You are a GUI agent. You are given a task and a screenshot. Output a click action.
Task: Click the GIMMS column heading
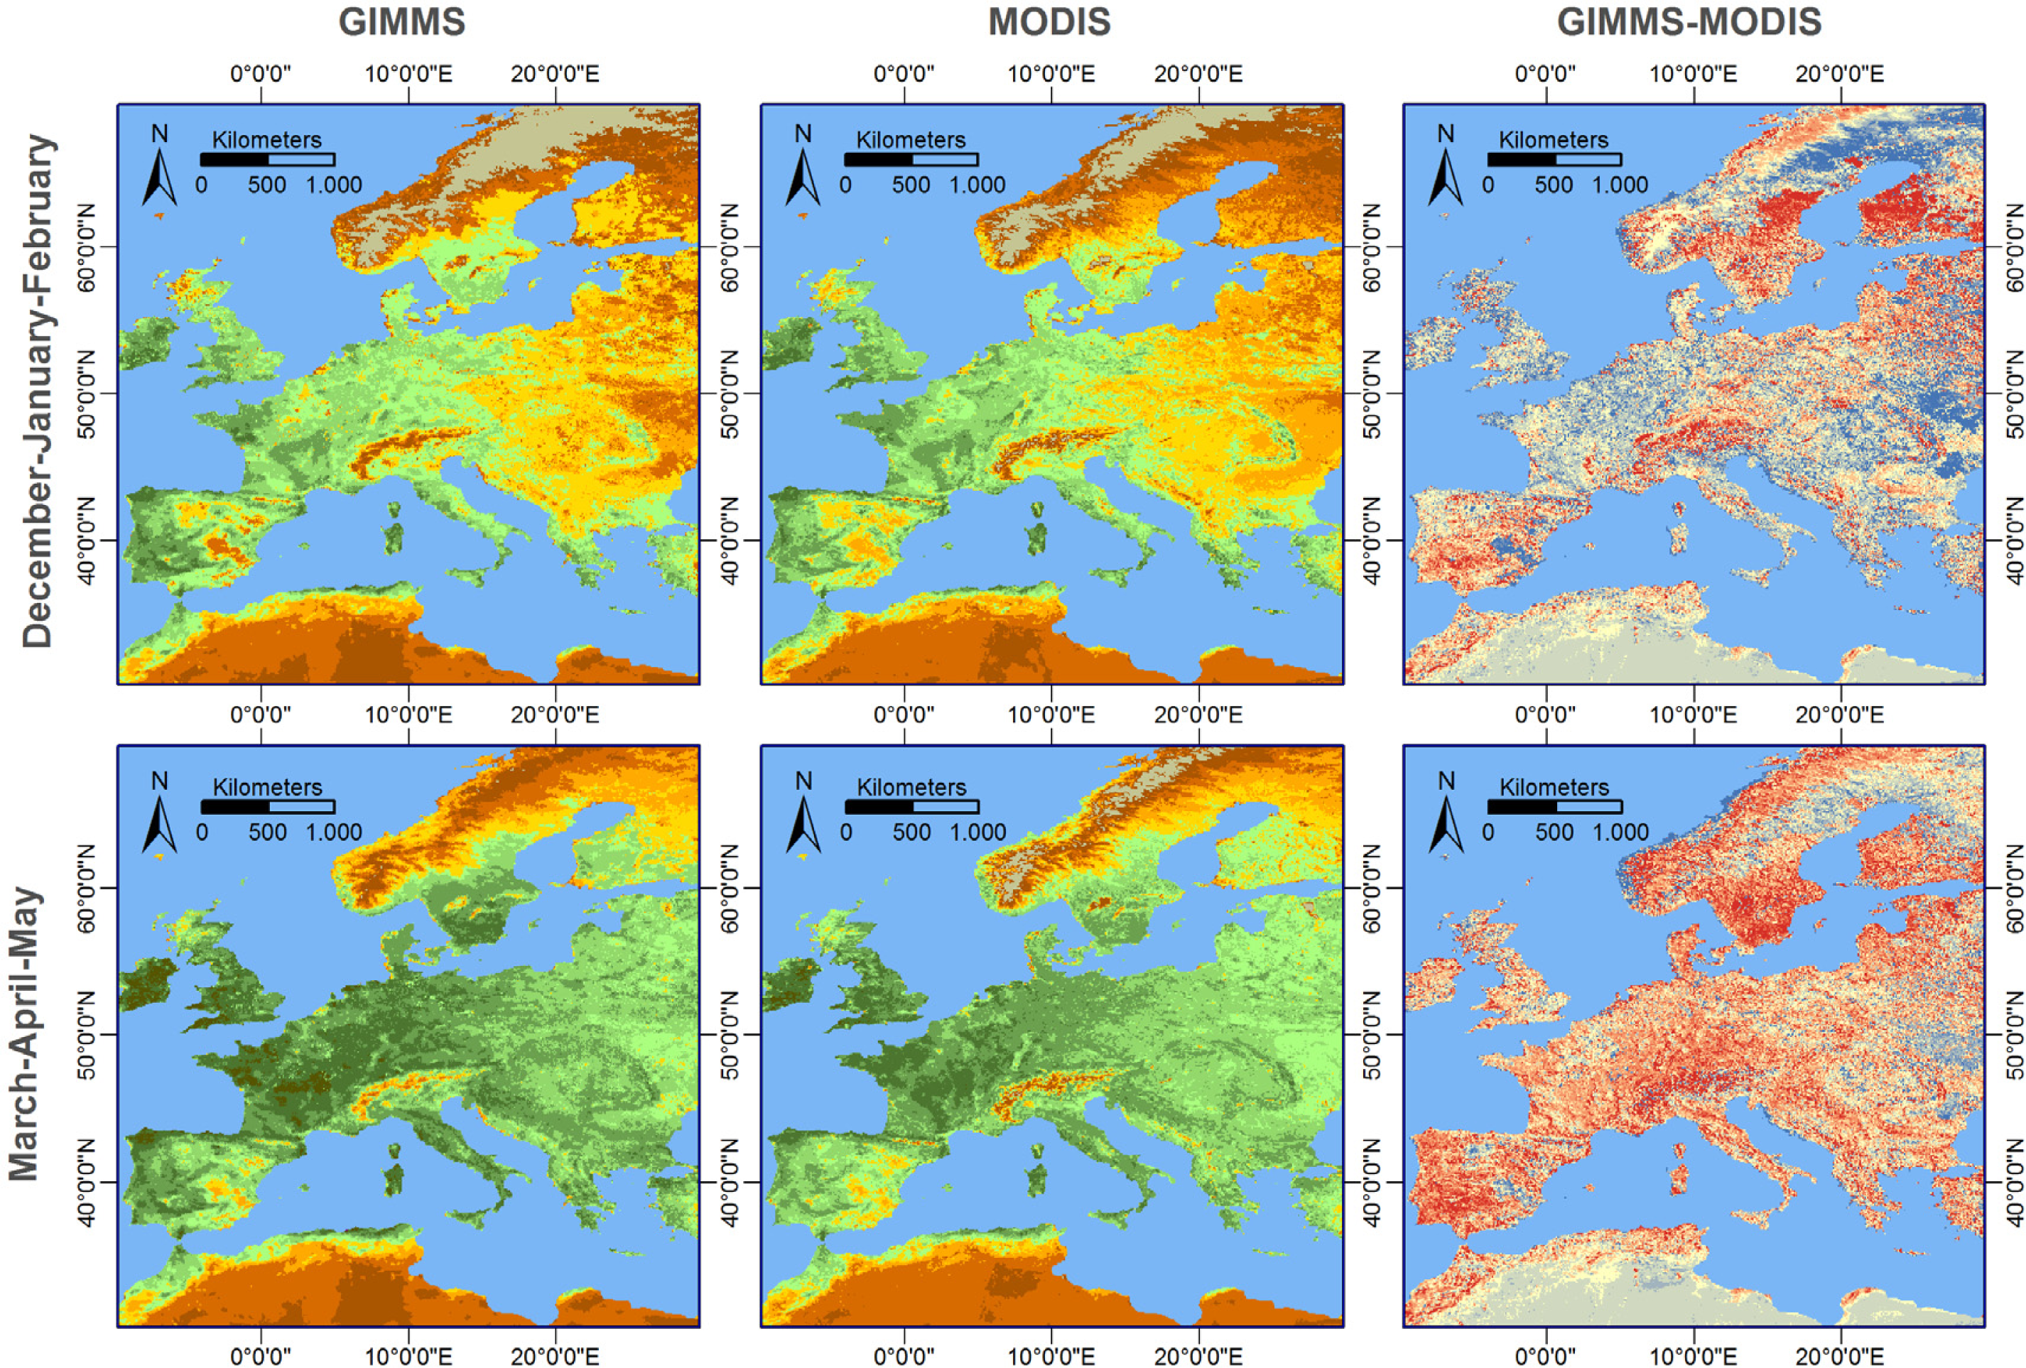click(x=402, y=22)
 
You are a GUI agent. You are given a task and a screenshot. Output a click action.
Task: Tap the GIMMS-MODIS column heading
click(x=1689, y=22)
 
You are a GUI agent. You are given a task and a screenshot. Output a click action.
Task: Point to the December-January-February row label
click(x=38, y=391)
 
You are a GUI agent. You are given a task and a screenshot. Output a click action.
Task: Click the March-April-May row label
click(x=24, y=1034)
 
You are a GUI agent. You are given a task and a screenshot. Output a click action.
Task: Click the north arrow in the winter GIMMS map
click(x=160, y=175)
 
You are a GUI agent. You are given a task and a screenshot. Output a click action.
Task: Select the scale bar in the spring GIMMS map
click(x=268, y=806)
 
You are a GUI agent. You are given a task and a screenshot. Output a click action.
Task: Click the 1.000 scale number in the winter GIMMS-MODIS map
click(x=1620, y=185)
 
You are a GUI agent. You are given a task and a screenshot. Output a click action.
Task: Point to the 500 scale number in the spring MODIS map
click(x=911, y=832)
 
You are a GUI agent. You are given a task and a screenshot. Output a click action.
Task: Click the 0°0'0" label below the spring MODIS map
click(x=904, y=1356)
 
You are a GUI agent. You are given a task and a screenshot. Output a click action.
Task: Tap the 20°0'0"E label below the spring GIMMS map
click(x=556, y=1356)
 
